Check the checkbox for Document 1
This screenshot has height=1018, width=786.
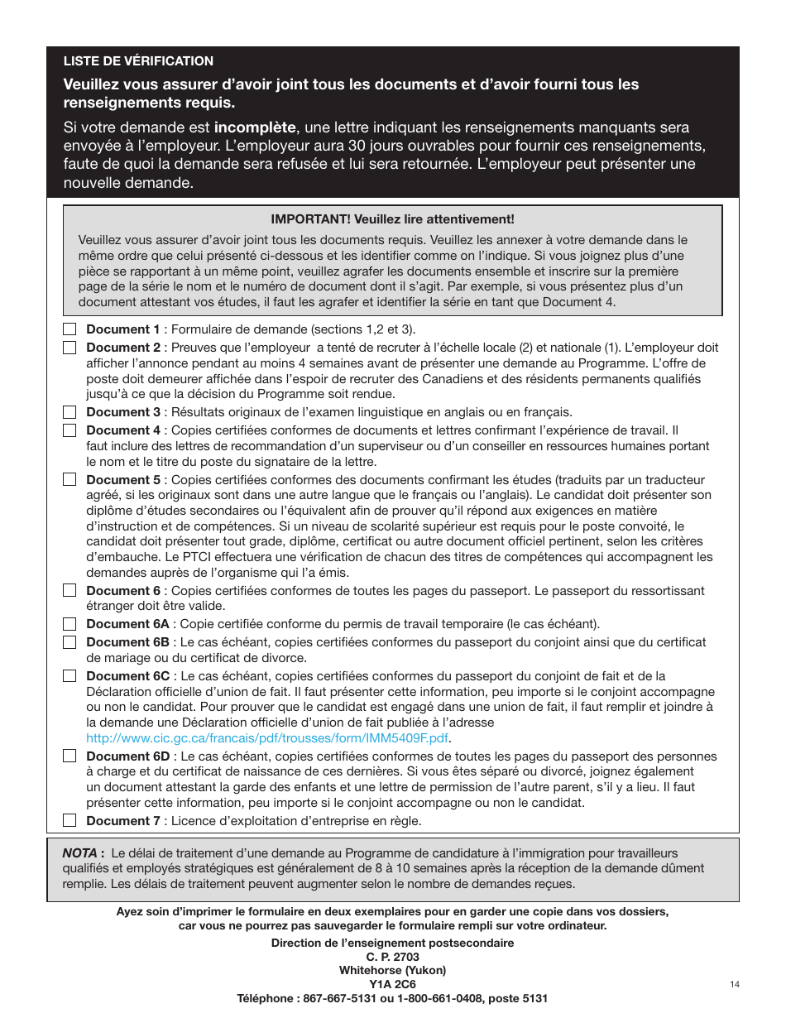tap(69, 329)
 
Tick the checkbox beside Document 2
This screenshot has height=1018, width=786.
tap(69, 348)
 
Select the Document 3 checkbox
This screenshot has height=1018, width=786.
tap(69, 412)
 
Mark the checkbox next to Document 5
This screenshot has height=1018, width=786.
tap(69, 480)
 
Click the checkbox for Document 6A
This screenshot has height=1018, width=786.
tap(69, 624)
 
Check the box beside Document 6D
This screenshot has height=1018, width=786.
tap(69, 756)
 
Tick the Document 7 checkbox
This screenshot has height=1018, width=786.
tap(69, 821)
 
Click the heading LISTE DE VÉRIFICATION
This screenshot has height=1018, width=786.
tap(138, 61)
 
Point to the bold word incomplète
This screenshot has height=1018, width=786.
tap(255, 127)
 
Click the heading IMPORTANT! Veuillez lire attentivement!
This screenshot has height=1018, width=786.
tap(392, 219)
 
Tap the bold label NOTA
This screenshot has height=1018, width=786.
tap(83, 852)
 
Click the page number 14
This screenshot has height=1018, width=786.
tap(735, 984)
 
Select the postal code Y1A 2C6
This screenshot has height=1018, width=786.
tap(393, 984)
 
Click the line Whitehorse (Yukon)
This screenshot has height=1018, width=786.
tap(393, 971)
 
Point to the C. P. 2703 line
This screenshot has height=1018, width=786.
tap(393, 957)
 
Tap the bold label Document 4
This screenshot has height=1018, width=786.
tap(123, 430)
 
